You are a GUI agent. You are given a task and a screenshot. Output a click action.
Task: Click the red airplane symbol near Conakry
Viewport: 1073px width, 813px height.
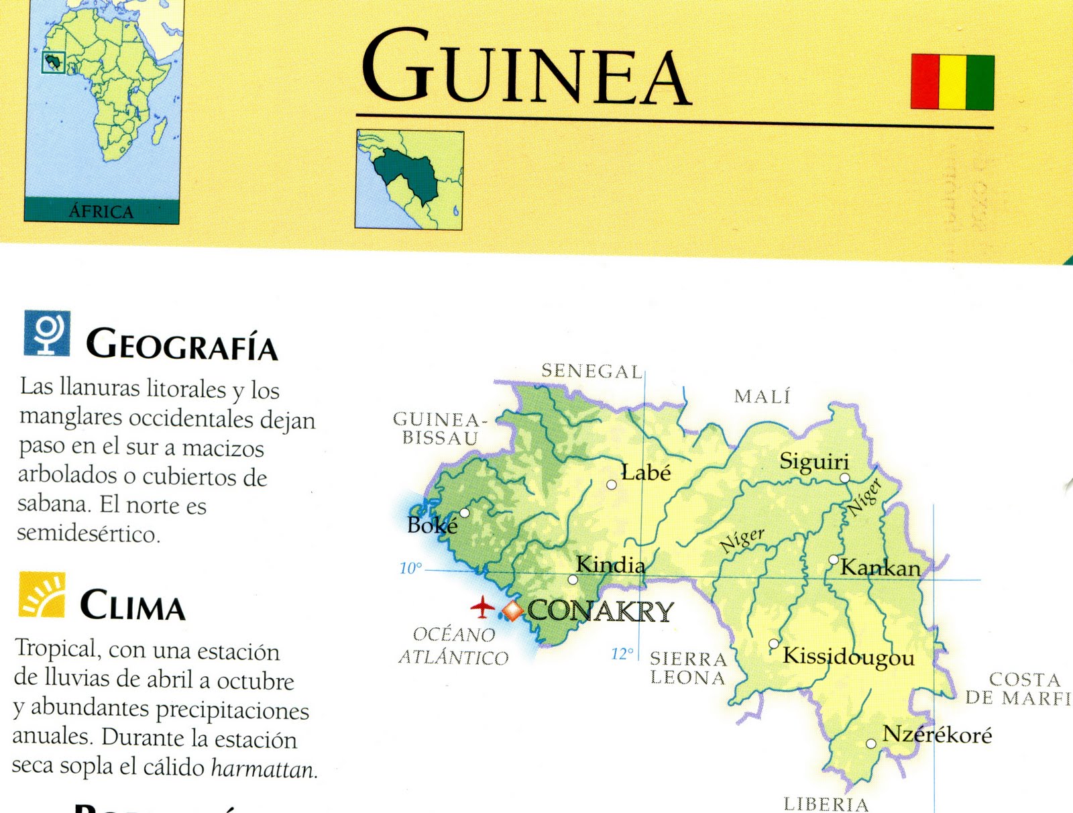point(482,607)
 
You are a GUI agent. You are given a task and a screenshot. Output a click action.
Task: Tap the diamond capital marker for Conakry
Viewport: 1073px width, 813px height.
point(512,611)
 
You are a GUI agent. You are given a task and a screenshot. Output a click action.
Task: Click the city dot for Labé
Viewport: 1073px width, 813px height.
point(612,484)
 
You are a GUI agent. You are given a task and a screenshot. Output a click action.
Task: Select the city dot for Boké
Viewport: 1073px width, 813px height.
point(464,513)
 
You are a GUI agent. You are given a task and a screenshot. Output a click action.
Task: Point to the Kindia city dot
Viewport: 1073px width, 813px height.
point(573,580)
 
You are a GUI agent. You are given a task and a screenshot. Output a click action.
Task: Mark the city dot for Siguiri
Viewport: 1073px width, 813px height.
point(845,478)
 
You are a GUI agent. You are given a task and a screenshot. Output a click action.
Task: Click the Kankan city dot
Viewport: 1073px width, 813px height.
point(834,559)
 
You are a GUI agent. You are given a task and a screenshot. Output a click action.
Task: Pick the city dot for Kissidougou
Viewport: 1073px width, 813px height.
point(773,644)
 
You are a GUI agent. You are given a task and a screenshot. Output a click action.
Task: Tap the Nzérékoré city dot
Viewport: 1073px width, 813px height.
point(871,743)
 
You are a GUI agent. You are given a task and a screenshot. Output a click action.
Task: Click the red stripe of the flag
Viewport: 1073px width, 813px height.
point(925,82)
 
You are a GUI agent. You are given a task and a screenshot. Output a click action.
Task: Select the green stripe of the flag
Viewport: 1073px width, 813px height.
point(980,82)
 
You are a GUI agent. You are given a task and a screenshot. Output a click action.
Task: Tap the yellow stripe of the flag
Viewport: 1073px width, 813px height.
point(953,82)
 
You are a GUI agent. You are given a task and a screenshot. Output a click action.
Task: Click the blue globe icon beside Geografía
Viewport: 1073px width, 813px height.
point(47,333)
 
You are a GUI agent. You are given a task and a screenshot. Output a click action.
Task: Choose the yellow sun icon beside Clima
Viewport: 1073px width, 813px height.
point(42,594)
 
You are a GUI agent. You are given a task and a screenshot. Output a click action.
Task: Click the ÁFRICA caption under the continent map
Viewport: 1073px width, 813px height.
point(101,211)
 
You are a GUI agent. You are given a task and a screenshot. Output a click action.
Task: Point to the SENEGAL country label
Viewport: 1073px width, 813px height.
point(591,371)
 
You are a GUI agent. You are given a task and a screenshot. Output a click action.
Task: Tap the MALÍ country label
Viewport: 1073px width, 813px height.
point(763,396)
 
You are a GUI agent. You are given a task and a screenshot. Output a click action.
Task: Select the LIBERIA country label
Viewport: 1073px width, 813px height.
point(826,804)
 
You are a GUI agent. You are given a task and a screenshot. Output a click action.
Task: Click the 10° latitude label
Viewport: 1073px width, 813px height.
point(410,568)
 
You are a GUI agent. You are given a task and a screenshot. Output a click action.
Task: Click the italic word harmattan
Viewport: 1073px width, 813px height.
point(264,769)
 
